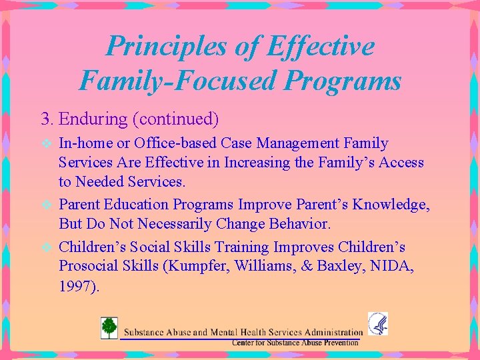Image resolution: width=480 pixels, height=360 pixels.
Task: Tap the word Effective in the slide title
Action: point(320,46)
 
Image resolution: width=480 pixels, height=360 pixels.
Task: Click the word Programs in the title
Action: point(342,81)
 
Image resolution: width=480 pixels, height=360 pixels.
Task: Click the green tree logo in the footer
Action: point(108,328)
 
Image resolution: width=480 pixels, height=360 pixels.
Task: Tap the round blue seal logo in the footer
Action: point(377,324)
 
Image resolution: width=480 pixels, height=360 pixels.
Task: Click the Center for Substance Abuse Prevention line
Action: point(295,342)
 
